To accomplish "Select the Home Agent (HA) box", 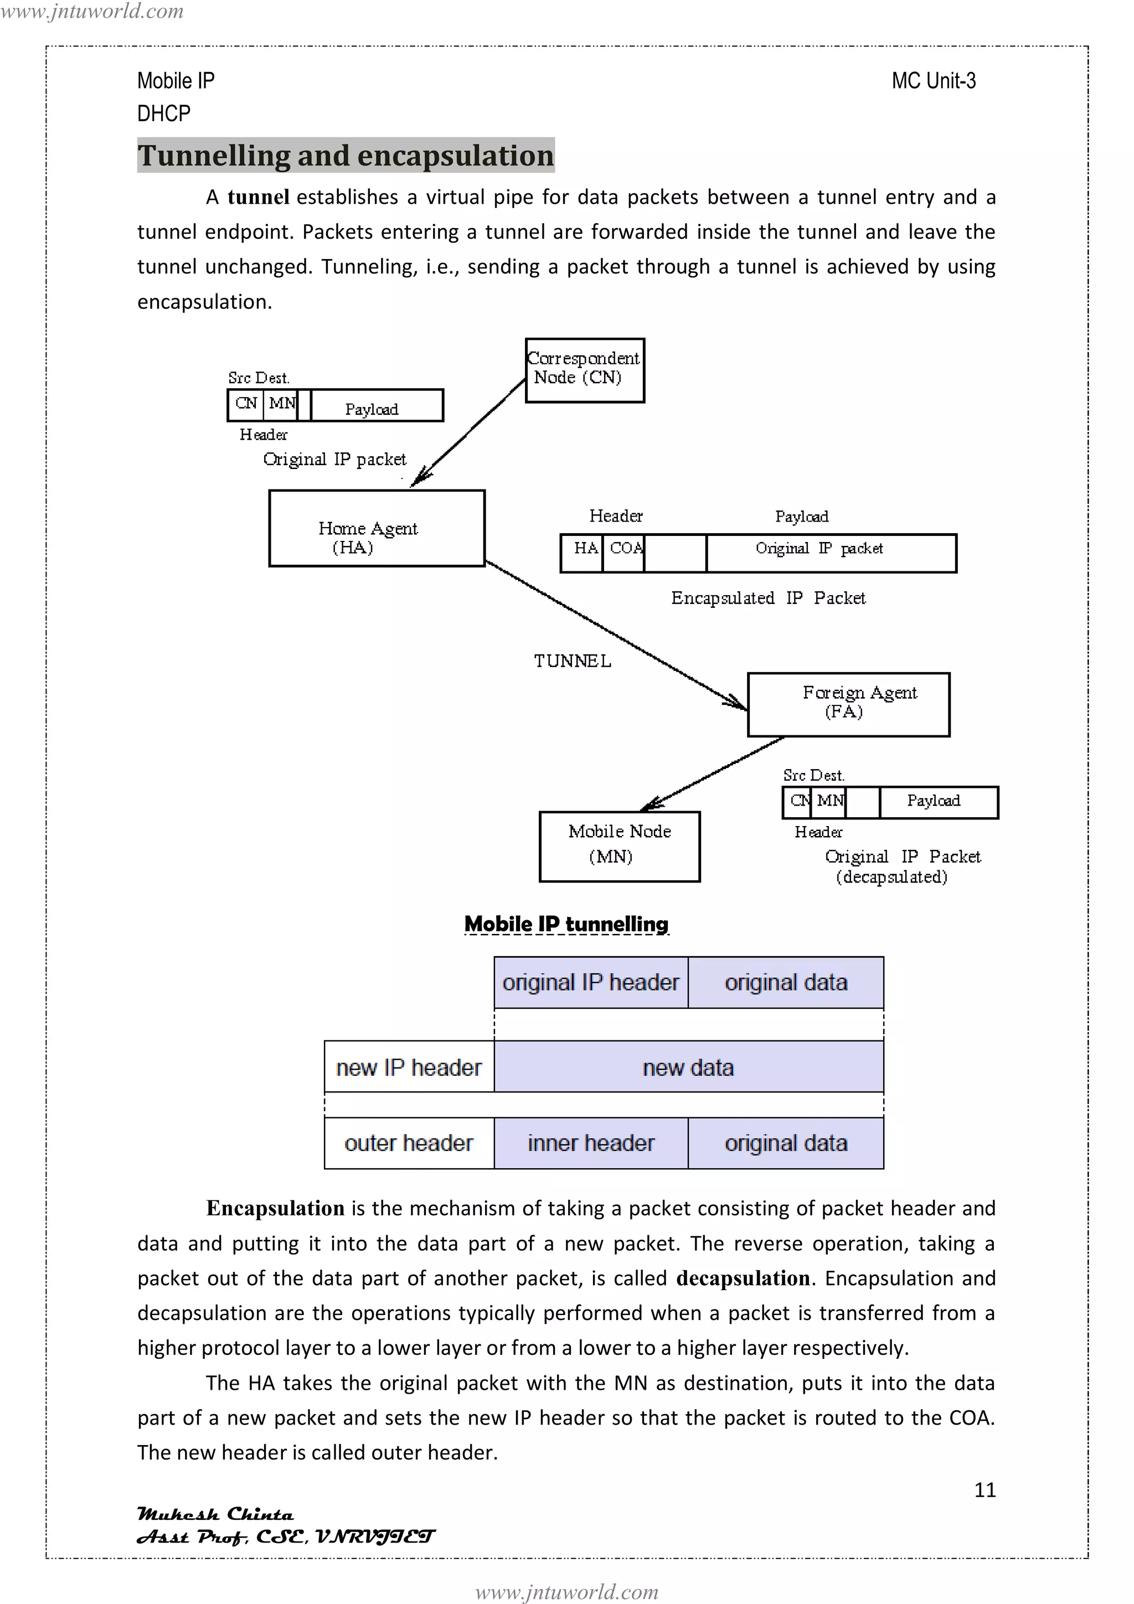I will pos(376,528).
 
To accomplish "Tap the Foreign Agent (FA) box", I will pos(848,704).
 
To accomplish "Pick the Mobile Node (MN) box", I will pos(619,846).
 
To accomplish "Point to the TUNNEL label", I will pos(572,661).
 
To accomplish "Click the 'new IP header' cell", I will pos(409,1067).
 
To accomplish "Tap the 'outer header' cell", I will pos(409,1142).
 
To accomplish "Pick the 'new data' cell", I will pos(688,1067).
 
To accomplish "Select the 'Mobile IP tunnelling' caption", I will pos(566,924).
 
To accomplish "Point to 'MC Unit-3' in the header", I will pos(933,81).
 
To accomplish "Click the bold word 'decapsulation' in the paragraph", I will pos(743,1278).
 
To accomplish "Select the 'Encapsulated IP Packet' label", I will pos(767,598).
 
